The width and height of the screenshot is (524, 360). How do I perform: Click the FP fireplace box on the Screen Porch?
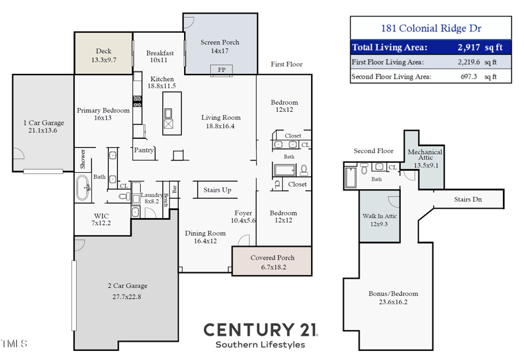tap(220, 69)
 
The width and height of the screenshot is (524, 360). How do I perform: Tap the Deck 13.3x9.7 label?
tap(103, 56)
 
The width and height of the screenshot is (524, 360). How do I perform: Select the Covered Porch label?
tap(272, 262)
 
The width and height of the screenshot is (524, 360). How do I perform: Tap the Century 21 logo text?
tap(260, 329)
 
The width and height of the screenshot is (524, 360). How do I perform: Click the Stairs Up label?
tap(217, 190)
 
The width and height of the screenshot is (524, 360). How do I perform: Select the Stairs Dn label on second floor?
tap(468, 199)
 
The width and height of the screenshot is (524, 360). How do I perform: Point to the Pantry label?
tap(144, 150)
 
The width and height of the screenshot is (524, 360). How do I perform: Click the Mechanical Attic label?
tap(425, 158)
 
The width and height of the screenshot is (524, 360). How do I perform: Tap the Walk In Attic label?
tap(379, 220)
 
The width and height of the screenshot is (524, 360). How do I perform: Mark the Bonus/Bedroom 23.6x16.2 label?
tap(393, 298)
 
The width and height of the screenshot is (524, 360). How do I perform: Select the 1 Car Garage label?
tap(44, 126)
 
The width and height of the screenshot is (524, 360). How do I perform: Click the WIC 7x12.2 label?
tap(102, 219)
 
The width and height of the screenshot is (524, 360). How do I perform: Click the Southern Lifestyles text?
tap(260, 344)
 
